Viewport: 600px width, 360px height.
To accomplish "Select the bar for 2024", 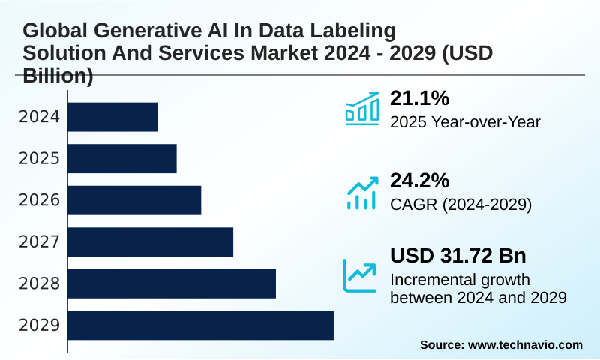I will click(x=113, y=117).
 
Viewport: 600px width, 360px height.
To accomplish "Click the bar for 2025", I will click(x=123, y=158).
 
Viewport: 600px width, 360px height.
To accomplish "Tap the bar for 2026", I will click(x=135, y=200).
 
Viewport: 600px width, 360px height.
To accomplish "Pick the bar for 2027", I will click(x=151, y=241).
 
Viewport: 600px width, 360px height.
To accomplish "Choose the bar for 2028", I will click(x=172, y=283).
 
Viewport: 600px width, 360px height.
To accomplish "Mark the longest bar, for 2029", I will click(x=201, y=325).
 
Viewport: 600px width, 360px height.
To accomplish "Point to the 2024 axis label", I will click(x=39, y=117).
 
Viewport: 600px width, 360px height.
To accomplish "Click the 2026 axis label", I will click(x=39, y=200).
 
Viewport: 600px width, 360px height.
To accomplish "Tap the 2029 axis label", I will click(x=39, y=325).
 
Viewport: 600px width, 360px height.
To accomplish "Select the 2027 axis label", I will click(x=39, y=242).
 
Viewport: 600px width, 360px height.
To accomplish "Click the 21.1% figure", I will click(x=419, y=98).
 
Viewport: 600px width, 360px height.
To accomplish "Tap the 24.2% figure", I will click(x=419, y=181).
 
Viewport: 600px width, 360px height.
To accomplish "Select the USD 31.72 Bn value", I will click(x=457, y=256).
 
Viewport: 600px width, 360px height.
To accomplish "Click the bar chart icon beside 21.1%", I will click(x=361, y=109).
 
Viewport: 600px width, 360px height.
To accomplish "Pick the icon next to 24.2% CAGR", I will click(x=361, y=193).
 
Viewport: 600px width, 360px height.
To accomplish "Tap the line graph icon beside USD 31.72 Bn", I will click(x=359, y=275).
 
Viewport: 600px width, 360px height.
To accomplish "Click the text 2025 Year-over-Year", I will click(x=465, y=122).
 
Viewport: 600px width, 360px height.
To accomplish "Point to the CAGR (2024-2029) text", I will click(x=460, y=205).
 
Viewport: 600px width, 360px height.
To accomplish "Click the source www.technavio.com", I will click(x=501, y=344).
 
